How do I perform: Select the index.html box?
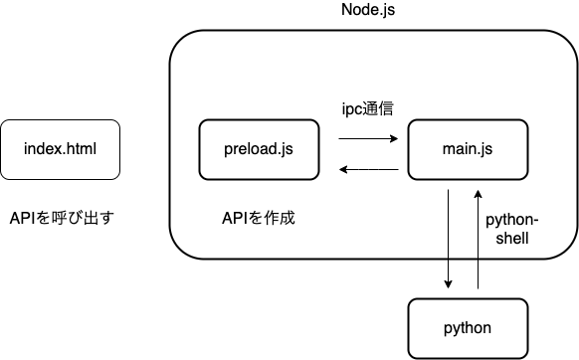61,149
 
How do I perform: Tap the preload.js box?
259,149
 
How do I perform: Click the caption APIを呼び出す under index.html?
61,216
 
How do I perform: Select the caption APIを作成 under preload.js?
259,216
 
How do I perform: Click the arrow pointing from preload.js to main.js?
368,139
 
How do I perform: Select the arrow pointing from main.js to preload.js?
368,170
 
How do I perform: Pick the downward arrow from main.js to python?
449,239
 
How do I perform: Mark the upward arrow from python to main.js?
479,239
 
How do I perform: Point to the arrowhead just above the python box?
449,284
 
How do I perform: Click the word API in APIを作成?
236,216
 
